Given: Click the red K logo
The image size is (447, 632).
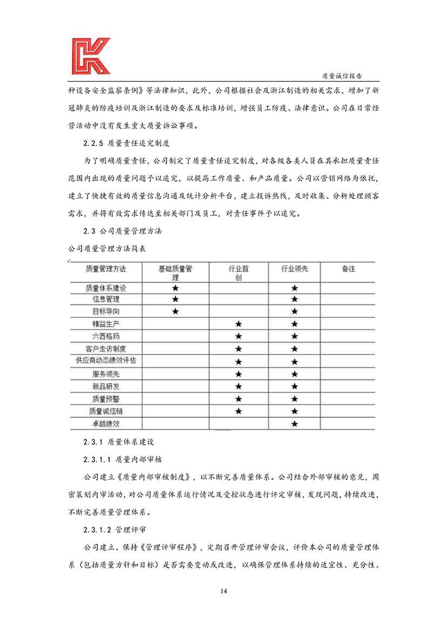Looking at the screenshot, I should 90,56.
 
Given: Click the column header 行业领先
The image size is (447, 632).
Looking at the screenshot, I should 295,269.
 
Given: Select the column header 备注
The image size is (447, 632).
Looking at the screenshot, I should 349,269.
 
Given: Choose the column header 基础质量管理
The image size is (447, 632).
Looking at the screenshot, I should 175,272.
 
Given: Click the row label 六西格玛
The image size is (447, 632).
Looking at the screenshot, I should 106,336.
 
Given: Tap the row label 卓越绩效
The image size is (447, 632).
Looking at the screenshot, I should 106,424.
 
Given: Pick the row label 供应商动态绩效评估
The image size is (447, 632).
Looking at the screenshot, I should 106,361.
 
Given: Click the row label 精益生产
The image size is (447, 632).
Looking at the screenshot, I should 106,324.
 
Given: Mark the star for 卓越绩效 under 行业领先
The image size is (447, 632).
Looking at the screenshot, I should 295,424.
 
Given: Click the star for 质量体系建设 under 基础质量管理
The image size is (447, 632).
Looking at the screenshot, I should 175,288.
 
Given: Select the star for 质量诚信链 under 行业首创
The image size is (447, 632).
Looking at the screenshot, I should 238,411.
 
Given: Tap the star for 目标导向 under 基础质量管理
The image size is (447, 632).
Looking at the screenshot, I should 175,311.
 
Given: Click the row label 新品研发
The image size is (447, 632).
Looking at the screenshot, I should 106,387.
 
